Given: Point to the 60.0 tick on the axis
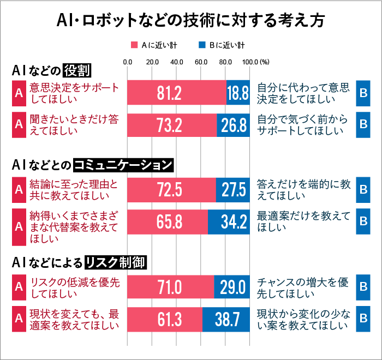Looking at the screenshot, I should (201, 62).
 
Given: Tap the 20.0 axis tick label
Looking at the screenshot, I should (152, 62).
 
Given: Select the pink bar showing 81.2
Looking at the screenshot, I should (177, 93).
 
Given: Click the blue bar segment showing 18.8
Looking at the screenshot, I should (238, 93).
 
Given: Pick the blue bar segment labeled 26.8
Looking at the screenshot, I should (233, 125).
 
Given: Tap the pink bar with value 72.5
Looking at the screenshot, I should (171, 190).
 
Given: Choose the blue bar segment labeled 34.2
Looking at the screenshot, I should (229, 222).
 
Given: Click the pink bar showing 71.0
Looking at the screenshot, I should (170, 287).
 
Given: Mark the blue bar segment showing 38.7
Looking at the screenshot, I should (226, 319).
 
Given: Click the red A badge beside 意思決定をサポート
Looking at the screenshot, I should (19, 93).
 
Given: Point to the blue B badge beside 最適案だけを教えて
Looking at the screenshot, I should (363, 222).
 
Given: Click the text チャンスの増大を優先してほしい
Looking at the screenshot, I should (303, 287).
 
